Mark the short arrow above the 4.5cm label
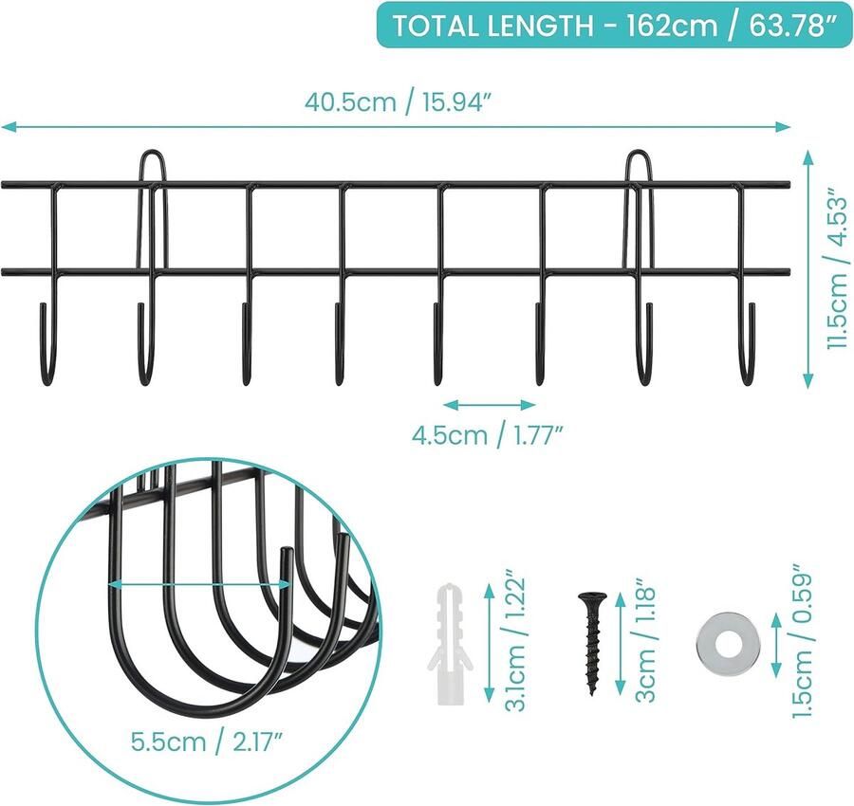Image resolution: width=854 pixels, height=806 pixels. pyautogui.click(x=488, y=405)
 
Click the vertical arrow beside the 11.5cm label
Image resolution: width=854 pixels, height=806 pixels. pyautogui.click(x=808, y=268)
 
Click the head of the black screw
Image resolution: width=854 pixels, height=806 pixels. pyautogui.click(x=589, y=598)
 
